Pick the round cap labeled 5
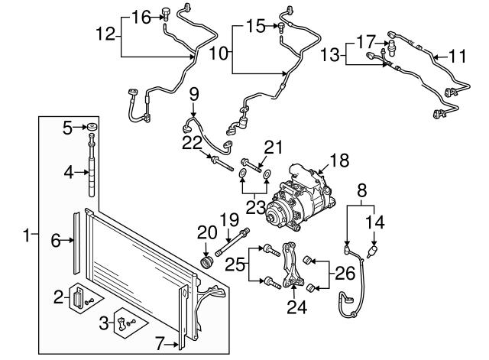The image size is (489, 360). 92,128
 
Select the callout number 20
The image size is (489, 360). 203,231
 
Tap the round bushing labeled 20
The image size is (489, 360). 204,264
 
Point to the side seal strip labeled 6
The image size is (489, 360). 75,242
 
